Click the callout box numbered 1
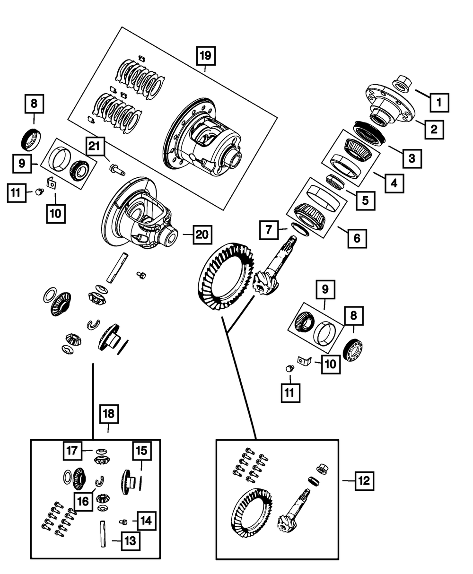(x=439, y=101)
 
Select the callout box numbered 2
(x=434, y=128)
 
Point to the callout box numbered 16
(x=83, y=501)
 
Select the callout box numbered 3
(x=412, y=158)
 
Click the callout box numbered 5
(x=365, y=200)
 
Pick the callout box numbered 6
(x=356, y=238)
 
